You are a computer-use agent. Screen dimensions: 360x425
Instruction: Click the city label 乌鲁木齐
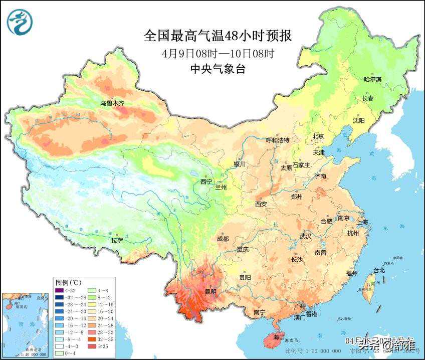click(111, 103)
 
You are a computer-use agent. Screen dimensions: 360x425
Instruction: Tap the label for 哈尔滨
click(372, 80)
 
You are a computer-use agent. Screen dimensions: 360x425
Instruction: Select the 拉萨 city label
click(117, 240)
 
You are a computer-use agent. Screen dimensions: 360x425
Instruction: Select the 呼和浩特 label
click(278, 140)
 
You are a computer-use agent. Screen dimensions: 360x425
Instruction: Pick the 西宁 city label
click(206, 182)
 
